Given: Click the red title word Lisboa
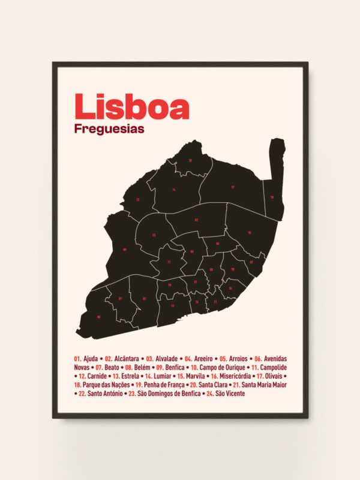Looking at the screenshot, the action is (x=131, y=107).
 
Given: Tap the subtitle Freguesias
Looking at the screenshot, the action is (x=109, y=128).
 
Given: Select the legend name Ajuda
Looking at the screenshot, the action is (x=91, y=358).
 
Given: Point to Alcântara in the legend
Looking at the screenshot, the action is (x=128, y=358).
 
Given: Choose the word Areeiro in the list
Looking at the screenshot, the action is (x=205, y=358).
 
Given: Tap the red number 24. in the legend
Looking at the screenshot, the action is (x=210, y=394).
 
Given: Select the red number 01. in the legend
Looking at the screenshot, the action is (x=77, y=358).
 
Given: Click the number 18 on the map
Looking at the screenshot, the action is (x=271, y=197).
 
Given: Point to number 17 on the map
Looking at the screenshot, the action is (x=232, y=187).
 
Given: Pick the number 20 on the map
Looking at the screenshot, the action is (x=190, y=161).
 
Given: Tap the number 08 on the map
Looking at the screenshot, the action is (x=98, y=317).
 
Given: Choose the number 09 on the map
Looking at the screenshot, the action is (x=125, y=249).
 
